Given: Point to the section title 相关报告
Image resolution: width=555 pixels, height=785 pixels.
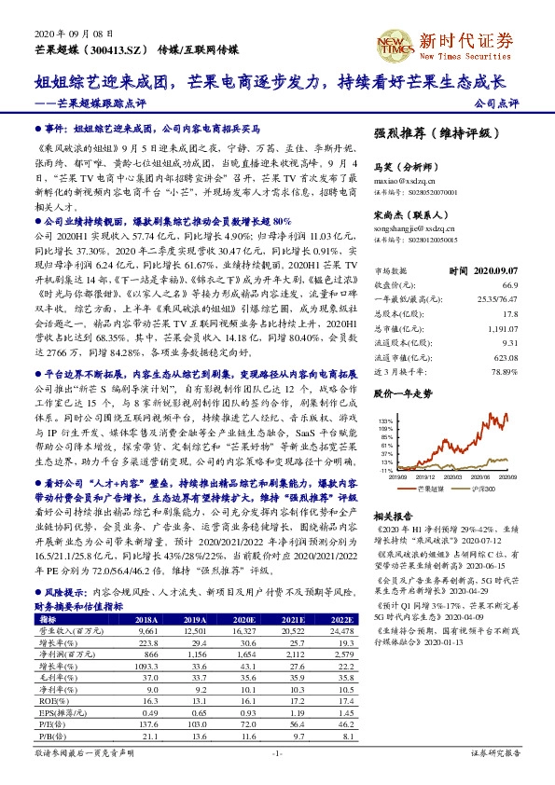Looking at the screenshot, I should (x=393, y=516).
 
